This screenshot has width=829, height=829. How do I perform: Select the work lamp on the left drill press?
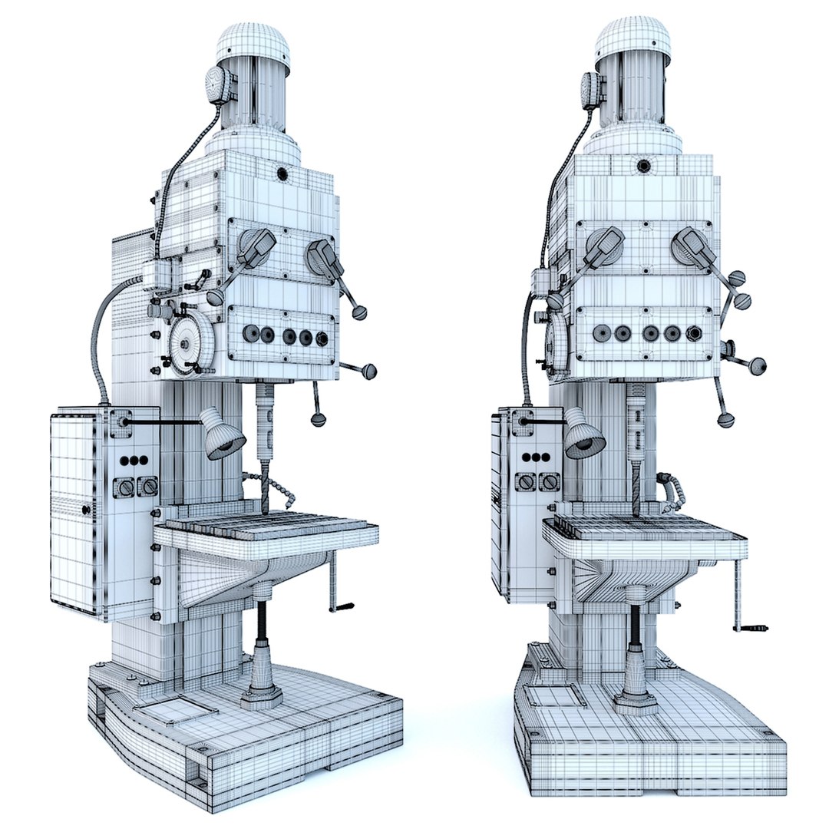[x=223, y=435]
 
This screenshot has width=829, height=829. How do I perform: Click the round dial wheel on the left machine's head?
[x=189, y=343]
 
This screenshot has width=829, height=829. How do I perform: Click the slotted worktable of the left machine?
[x=269, y=528]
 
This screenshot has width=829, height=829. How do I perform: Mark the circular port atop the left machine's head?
[x=282, y=173]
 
